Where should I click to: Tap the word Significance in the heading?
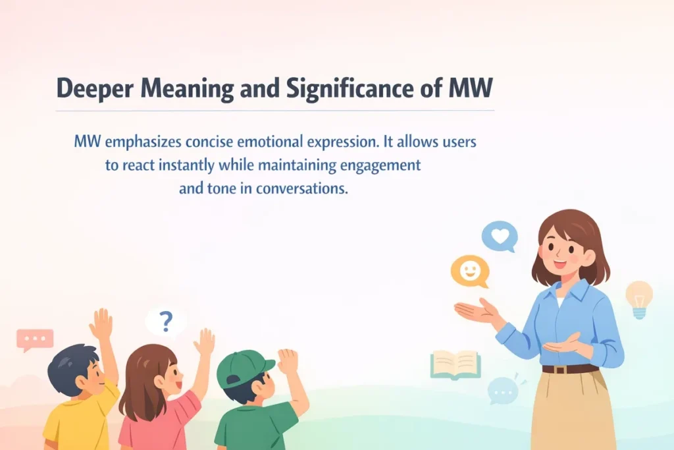tap(342, 89)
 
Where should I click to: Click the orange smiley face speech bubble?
tap(470, 271)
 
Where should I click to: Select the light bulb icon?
tap(638, 298)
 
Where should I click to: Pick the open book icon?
tap(455, 364)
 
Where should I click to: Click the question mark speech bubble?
tap(166, 322)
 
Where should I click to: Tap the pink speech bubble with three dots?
tap(35, 339)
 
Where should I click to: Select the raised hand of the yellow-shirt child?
tap(101, 323)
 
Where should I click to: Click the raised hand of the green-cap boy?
tap(288, 361)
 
